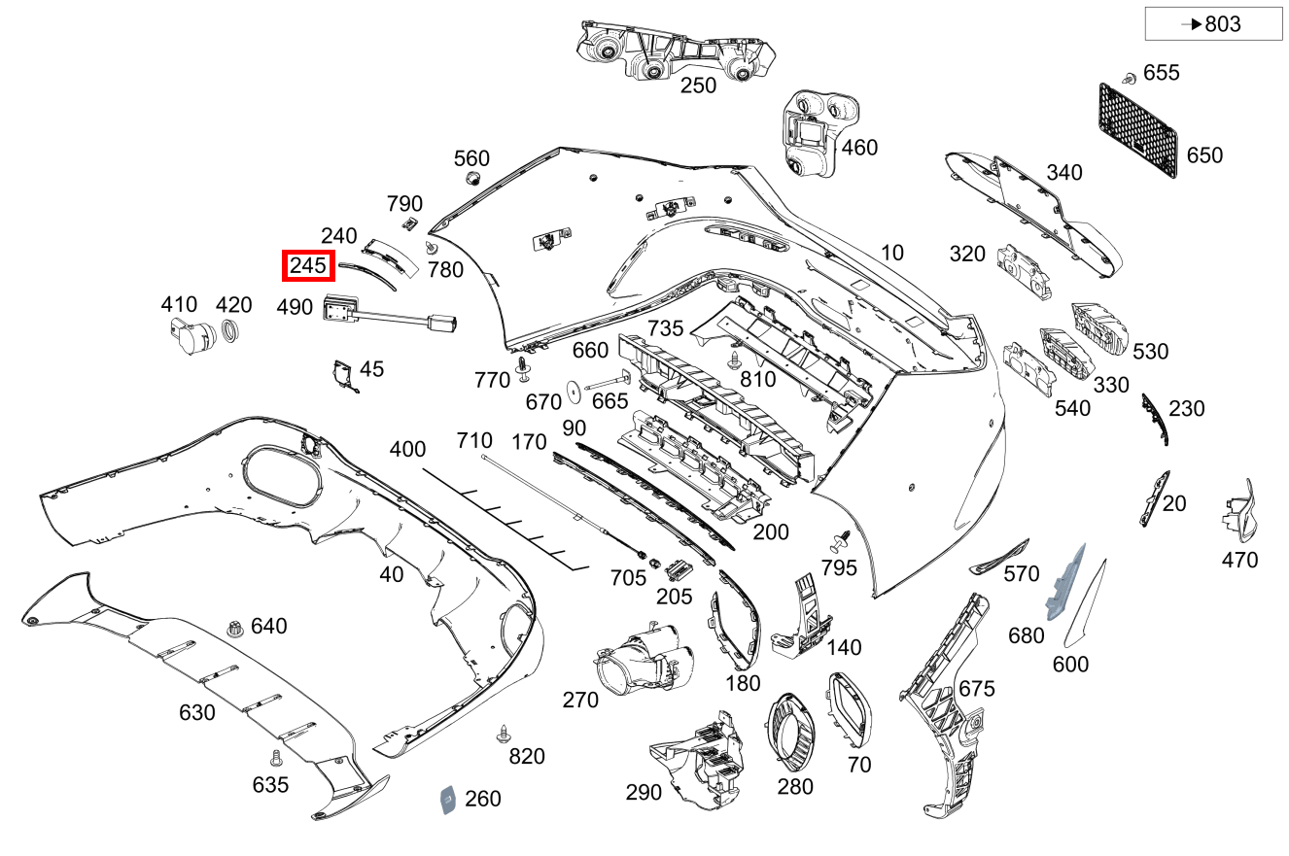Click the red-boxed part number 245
307,264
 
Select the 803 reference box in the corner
1213,24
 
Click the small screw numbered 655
1130,76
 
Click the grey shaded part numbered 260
448,799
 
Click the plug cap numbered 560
471,179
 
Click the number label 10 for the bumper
891,253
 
